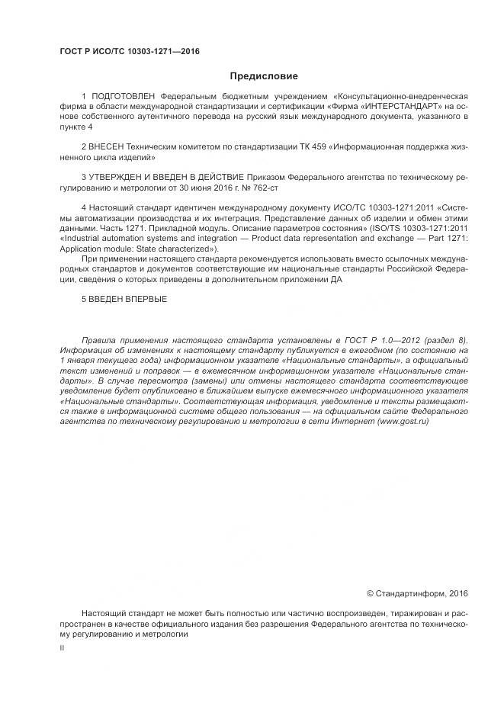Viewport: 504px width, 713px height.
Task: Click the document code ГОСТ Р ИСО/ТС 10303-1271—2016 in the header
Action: (130, 52)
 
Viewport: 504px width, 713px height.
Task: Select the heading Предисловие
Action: (264, 76)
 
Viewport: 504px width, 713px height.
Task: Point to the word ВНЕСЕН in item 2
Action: (106, 143)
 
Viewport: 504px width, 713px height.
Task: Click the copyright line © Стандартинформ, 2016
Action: (417, 593)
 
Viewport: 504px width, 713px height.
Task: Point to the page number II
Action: (62, 647)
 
